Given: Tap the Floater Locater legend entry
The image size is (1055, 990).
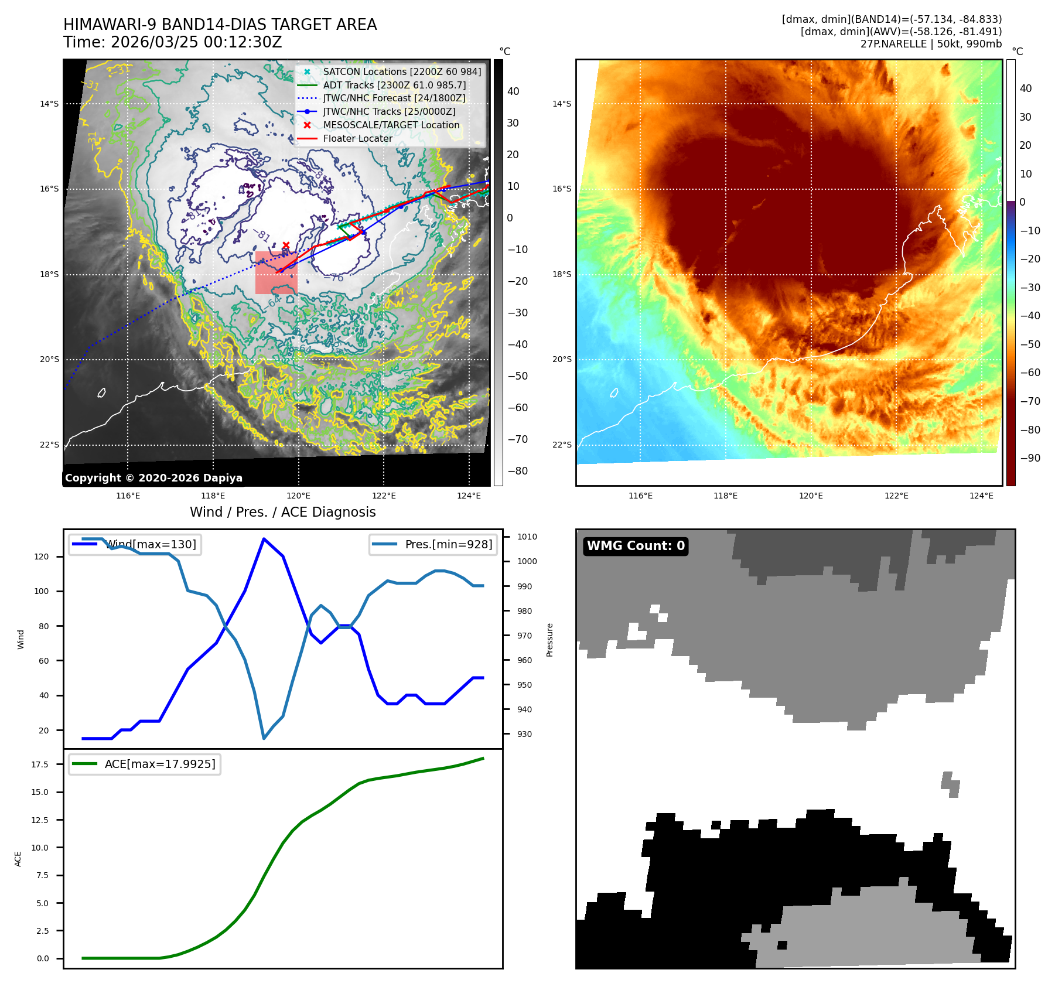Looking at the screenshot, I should click(x=357, y=138).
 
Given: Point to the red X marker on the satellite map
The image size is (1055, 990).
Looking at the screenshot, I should click(x=286, y=245).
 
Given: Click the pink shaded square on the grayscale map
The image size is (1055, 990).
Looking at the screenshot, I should click(x=276, y=273).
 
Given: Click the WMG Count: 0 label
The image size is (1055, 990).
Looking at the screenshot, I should click(x=636, y=546).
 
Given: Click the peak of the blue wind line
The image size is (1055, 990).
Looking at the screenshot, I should click(x=264, y=539).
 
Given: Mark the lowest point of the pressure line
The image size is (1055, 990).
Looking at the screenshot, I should click(x=264, y=738).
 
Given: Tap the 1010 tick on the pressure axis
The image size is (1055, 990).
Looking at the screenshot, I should click(x=527, y=537).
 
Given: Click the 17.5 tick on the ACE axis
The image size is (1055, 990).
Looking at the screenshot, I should click(x=40, y=764).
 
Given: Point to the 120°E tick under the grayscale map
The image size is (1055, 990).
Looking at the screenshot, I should click(x=299, y=496).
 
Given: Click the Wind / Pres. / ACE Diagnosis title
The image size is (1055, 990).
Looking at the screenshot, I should click(x=282, y=512).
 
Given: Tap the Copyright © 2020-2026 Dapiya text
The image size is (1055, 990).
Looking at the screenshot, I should click(x=153, y=478).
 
